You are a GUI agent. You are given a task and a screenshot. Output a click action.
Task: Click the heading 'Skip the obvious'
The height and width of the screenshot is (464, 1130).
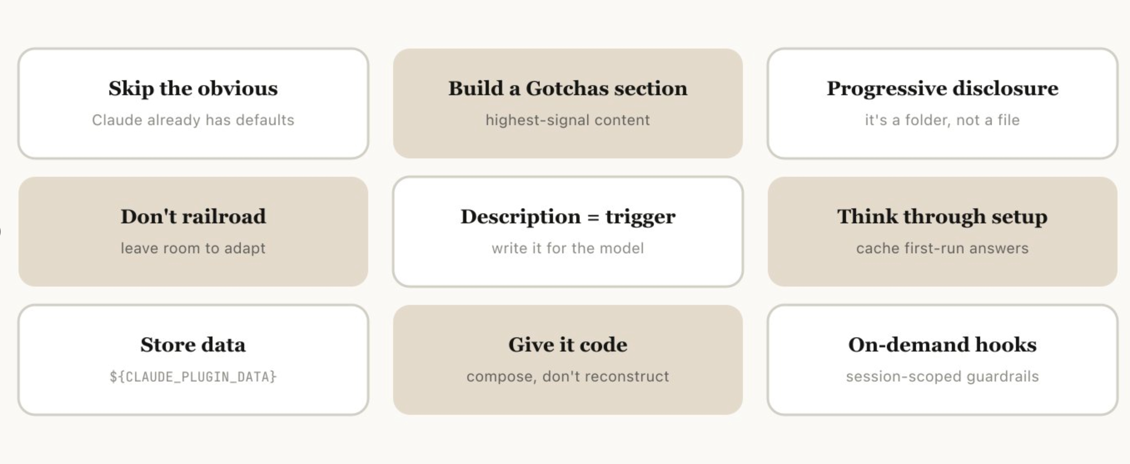pos(193,89)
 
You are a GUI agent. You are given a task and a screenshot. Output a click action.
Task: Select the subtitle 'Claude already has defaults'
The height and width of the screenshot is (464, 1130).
pos(193,120)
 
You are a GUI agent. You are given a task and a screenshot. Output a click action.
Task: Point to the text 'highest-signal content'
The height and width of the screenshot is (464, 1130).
pos(568,120)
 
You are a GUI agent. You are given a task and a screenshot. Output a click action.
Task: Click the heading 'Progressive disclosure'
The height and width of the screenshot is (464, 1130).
pos(942,89)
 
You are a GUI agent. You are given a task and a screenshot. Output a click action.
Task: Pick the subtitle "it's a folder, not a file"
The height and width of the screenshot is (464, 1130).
pos(942,120)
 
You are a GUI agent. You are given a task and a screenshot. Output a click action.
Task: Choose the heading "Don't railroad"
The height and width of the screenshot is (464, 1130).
pos(193,217)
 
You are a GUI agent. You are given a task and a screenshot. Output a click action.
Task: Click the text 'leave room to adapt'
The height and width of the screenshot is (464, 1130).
pos(193,248)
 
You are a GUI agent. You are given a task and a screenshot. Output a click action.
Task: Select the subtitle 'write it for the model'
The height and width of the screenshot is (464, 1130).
pos(568,248)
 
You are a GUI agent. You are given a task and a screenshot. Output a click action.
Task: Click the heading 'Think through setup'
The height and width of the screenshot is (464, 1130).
pos(942,217)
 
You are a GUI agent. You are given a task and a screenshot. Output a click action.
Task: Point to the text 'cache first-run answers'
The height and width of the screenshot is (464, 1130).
pos(942,248)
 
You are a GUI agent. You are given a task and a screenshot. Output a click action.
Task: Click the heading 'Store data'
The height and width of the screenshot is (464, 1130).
pos(193,345)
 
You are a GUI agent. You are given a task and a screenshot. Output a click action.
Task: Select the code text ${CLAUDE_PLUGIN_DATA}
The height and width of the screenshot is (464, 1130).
pos(193,377)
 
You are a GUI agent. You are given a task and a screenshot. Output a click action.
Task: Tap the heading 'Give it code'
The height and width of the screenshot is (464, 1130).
pos(568,345)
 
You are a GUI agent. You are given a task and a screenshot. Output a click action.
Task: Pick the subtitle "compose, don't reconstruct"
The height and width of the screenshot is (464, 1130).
pos(568,376)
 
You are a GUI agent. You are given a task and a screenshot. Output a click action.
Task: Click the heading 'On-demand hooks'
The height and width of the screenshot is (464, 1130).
pos(942,345)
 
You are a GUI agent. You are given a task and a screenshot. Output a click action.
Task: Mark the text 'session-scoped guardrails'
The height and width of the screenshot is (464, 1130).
pos(942,376)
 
